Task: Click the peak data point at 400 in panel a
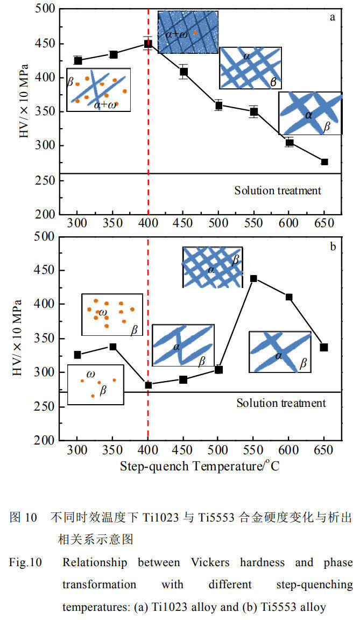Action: [x=148, y=44]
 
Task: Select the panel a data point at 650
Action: [x=324, y=161]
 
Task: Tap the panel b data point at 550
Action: [x=253, y=278]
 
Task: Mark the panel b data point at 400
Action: [x=148, y=385]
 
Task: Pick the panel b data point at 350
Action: [x=113, y=347]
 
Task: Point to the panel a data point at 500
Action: [x=218, y=105]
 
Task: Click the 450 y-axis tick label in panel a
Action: [x=45, y=44]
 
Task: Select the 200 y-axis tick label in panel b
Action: [x=45, y=440]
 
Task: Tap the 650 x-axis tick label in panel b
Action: [x=323, y=449]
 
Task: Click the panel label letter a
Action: [x=333, y=17]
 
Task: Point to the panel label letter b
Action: [x=333, y=246]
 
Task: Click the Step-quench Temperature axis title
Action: [x=200, y=466]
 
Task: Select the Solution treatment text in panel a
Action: [x=278, y=191]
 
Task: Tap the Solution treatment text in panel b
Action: [x=281, y=403]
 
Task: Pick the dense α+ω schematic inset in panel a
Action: [x=188, y=32]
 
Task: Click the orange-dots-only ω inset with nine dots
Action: [x=112, y=315]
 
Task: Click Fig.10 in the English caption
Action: [x=25, y=562]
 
